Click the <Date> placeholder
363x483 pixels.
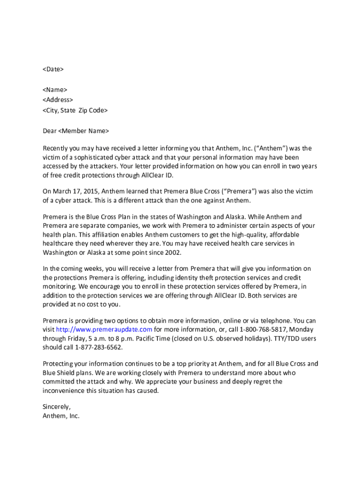tap(53, 69)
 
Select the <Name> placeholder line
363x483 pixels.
tap(55, 90)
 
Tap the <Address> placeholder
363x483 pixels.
tap(58, 100)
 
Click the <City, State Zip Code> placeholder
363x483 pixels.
tap(75, 110)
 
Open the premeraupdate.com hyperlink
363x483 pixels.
tap(104, 329)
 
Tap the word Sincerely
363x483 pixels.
tap(56, 406)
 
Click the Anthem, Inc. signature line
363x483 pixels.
tap(61, 416)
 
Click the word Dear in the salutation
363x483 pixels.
tap(49, 131)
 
